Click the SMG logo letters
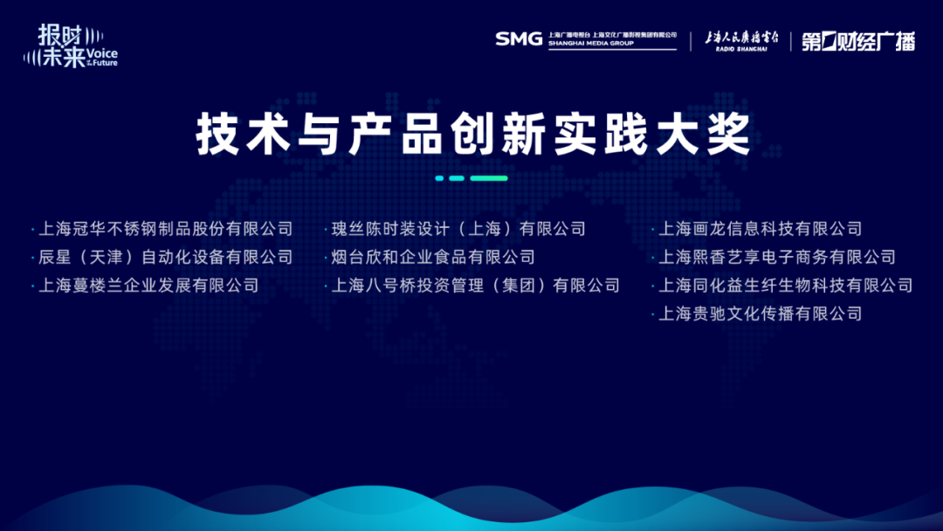519,39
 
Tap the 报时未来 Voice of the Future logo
71,45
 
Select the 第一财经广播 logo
858,42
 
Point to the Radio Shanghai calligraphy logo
741,41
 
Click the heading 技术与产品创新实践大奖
473,134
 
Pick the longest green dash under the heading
489,178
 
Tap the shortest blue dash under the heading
439,178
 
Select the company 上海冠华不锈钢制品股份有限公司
165,229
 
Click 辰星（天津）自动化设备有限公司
165,257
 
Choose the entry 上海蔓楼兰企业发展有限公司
148,285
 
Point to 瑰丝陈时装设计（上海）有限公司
458,229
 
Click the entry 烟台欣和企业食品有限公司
433,257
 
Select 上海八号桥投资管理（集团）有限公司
475,285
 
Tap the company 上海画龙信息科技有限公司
761,229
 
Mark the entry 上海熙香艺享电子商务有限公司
777,257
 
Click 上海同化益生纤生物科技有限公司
786,285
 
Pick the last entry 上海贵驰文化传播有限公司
761,314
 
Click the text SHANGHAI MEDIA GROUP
590,44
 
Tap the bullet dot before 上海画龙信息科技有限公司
652,229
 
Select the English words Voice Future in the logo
102,58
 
